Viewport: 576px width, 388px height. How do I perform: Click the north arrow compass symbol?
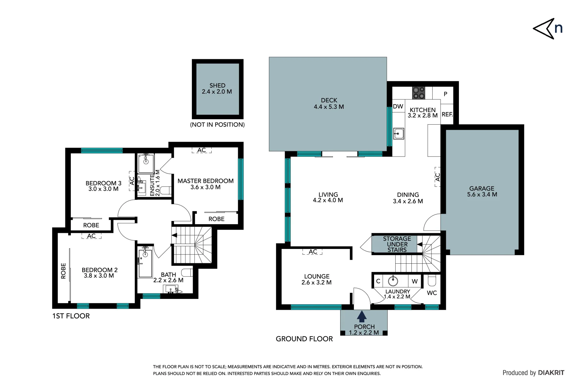pos(548,28)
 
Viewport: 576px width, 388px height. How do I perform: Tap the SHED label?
pos(217,86)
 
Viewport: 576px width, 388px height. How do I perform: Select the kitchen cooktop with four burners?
pos(418,93)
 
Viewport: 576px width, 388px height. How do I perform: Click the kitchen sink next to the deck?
pos(398,134)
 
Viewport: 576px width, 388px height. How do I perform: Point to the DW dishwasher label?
pos(398,106)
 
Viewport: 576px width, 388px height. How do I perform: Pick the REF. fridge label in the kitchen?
pos(447,114)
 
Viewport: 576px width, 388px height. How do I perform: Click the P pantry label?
pos(445,94)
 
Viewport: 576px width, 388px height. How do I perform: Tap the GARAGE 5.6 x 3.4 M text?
pos(482,191)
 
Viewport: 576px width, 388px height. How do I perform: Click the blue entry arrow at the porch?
pos(361,317)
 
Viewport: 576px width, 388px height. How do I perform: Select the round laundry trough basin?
pos(393,281)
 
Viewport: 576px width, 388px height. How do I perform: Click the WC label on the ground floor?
pos(432,293)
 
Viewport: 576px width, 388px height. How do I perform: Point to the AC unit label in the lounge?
pos(313,251)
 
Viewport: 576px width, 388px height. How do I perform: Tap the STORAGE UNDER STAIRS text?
pos(397,244)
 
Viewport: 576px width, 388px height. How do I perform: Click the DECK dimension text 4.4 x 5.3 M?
pos(328,107)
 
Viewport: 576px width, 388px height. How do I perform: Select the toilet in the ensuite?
pos(165,190)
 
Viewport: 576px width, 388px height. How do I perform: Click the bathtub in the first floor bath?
pos(145,264)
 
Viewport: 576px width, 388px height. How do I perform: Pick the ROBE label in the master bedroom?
pos(216,219)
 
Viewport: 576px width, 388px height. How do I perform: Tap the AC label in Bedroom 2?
pos(91,236)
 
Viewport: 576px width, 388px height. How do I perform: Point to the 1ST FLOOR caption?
pos(71,316)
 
